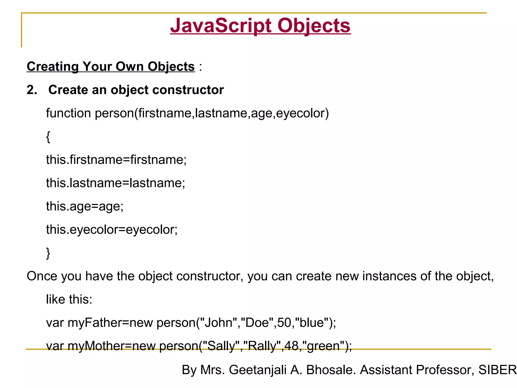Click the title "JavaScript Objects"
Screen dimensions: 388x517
coord(260,26)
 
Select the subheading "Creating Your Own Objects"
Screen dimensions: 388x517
coord(111,67)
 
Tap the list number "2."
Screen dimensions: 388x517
coord(32,90)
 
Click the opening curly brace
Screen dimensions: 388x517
coord(48,137)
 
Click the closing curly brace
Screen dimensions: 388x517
coord(48,253)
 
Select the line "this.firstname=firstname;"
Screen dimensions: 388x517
coord(116,160)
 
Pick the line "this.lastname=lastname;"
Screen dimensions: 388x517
coord(115,183)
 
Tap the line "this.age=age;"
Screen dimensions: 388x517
coord(85,206)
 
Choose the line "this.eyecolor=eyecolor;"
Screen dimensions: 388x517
coord(112,230)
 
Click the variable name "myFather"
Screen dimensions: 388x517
coord(95,323)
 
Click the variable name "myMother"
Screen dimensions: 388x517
coord(96,346)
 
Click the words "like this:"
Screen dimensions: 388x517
coord(69,300)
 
